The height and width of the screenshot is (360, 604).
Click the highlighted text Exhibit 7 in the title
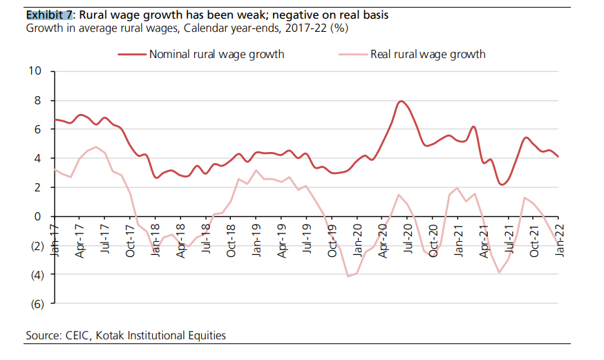tap(49, 15)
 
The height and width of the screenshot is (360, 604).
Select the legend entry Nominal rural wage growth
tap(216, 54)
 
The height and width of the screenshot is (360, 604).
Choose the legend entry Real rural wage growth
tap(428, 54)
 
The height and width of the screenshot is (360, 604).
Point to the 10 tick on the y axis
tap(35, 71)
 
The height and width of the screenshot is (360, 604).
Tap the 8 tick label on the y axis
tap(38, 100)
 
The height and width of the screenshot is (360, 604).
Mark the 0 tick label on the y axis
tap(38, 216)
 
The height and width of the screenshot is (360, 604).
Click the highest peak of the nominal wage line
tap(402, 102)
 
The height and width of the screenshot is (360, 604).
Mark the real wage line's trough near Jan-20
tap(349, 276)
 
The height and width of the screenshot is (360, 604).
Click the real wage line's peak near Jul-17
tap(97, 146)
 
